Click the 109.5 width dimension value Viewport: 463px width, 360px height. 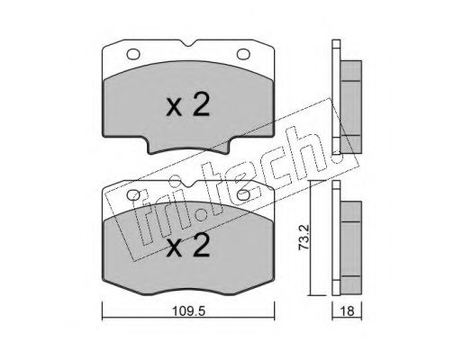click(188, 311)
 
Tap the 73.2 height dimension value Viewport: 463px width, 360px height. click(304, 238)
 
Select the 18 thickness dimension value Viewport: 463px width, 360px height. click(348, 311)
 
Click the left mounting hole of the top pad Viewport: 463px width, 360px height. click(133, 54)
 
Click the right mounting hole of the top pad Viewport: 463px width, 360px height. click(243, 54)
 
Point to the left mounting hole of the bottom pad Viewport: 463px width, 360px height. click(133, 195)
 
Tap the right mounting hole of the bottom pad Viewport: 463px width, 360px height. click(243, 195)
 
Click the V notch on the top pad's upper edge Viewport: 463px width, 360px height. click(188, 43)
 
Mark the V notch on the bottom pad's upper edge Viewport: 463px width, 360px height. click(188, 184)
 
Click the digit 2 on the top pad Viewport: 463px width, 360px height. click(201, 104)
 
